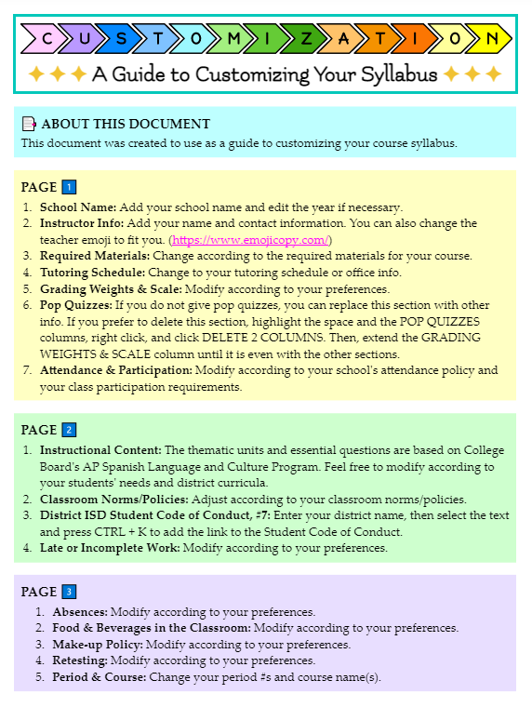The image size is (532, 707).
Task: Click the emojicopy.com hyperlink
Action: (x=251, y=239)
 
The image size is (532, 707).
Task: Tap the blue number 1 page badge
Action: (x=69, y=187)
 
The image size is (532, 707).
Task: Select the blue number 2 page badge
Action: (x=69, y=430)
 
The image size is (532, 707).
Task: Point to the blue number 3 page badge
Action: (x=69, y=592)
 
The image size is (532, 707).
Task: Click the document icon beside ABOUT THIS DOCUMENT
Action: (x=29, y=124)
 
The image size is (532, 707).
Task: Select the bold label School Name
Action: (x=77, y=207)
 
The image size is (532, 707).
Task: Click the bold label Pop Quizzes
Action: (x=75, y=303)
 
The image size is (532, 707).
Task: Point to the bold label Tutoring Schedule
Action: (x=91, y=272)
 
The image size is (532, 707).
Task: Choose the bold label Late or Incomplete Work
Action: (x=109, y=548)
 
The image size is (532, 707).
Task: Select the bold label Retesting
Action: (x=79, y=660)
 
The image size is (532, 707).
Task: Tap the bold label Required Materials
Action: (x=94, y=255)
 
